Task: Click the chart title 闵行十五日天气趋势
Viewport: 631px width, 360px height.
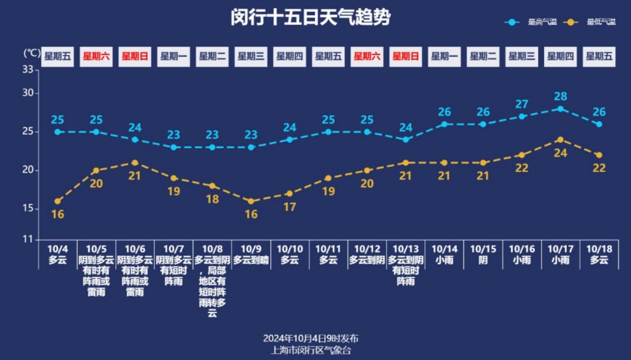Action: (310, 18)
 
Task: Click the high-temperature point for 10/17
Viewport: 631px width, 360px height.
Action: (560, 109)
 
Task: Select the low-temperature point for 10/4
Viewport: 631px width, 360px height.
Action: (57, 201)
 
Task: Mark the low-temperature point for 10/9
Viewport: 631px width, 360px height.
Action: (251, 201)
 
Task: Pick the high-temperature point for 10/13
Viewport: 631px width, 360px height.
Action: (405, 140)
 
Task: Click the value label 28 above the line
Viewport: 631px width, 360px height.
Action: (560, 96)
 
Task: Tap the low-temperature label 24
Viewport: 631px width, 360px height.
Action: (560, 153)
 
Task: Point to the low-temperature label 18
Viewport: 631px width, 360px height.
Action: (212, 199)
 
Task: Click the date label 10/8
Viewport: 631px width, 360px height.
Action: (212, 249)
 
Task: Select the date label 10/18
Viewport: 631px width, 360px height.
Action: (599, 249)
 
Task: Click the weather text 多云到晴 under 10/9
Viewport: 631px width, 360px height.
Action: (251, 260)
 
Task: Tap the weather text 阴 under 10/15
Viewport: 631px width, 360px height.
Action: (483, 260)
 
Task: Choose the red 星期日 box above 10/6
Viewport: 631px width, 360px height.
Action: (135, 57)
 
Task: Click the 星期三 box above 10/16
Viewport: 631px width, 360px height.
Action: (522, 57)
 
